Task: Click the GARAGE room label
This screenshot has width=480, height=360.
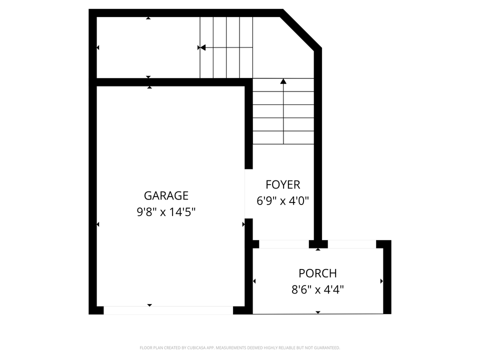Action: [166, 195]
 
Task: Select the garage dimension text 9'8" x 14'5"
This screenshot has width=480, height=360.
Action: [166, 212]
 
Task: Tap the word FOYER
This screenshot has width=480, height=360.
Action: [282, 184]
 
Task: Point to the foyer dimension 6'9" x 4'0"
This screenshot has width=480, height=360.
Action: [282, 201]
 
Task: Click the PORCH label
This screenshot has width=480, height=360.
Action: [317, 273]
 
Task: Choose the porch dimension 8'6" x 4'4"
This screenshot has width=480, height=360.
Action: [317, 289]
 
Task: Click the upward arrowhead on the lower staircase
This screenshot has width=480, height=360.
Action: [283, 81]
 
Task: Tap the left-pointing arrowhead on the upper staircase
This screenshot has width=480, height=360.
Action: [202, 47]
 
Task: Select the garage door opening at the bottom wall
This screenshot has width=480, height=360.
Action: [168, 310]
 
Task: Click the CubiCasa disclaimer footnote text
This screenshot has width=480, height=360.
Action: [239, 347]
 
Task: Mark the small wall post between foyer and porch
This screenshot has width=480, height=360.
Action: [318, 244]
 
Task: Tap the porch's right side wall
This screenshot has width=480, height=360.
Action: [387, 277]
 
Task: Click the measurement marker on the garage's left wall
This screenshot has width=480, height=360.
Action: [97, 224]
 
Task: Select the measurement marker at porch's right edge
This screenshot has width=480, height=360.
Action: [381, 281]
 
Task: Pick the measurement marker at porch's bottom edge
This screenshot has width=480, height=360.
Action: [318, 312]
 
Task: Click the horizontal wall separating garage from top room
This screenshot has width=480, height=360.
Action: [170, 82]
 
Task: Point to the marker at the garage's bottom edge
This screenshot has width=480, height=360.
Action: [149, 305]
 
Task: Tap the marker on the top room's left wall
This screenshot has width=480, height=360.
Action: [97, 47]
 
